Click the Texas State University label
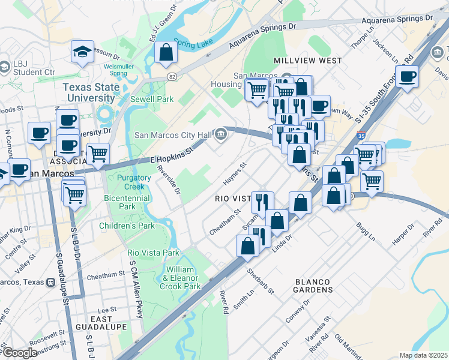click(91, 92)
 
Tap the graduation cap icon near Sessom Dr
click(82, 52)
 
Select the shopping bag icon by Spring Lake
click(166, 52)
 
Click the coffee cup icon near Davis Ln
click(407, 77)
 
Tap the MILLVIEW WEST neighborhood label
click(307, 61)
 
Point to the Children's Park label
click(127, 226)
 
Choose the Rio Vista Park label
click(154, 253)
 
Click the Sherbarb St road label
click(261, 281)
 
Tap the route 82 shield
click(172, 77)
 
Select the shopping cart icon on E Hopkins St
click(98, 154)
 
